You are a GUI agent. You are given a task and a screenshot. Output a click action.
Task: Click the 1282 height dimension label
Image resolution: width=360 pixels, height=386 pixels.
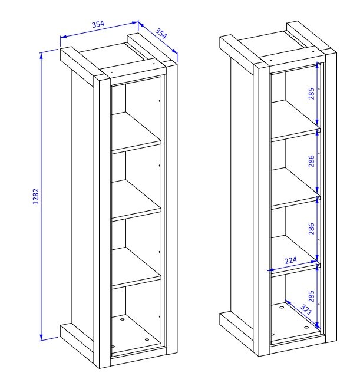coord(36,196)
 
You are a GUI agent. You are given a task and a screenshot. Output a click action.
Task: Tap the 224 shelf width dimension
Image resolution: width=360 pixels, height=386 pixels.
coord(290,260)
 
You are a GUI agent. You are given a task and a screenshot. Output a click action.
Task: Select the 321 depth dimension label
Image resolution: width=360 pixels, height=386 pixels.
coord(306,309)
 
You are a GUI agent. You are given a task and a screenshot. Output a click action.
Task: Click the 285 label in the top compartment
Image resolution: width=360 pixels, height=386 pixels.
coord(311,93)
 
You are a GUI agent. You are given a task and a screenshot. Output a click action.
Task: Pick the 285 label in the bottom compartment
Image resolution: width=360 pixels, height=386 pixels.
coord(311,296)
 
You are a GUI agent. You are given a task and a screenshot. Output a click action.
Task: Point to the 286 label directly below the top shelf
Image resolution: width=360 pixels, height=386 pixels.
coord(311,161)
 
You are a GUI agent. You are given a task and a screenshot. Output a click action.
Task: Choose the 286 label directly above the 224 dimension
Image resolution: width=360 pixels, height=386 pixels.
coord(311,229)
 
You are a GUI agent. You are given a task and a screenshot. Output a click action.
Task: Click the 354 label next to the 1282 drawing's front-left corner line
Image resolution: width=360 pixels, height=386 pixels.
coord(98,24)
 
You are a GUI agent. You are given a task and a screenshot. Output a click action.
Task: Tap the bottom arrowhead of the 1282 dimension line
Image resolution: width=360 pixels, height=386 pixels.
coord(41,338)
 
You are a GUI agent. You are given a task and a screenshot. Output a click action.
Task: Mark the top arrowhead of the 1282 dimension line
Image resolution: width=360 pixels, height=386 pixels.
coord(41,55)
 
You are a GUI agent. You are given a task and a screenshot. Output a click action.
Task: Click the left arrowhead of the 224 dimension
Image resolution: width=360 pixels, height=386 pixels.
coord(270,270)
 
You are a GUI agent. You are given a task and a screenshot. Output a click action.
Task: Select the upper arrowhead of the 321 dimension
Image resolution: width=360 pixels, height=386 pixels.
coord(288,302)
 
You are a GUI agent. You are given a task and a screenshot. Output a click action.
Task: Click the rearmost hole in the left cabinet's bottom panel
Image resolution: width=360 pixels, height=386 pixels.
coord(123,319)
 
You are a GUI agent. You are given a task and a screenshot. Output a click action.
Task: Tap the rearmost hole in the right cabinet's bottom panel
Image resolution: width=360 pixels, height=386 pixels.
coord(281,307)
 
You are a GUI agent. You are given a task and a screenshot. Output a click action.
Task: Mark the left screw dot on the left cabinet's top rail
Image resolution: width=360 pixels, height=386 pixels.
coord(111,72)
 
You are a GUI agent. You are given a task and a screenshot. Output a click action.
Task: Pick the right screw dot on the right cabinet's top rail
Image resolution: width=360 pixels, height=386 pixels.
coord(313,52)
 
